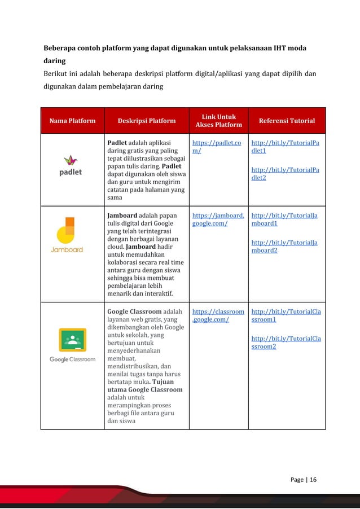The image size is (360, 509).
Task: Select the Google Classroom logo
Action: (72, 344)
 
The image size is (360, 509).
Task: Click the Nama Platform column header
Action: (72, 121)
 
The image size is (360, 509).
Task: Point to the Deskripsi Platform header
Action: (147, 121)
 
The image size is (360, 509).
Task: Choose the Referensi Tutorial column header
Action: (287, 121)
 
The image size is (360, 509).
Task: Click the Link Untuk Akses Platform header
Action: (218, 121)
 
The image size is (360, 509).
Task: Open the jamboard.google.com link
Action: (218, 220)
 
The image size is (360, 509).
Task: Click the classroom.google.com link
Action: (218, 315)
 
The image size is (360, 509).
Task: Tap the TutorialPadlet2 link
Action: (285, 173)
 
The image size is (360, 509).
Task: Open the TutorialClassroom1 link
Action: (286, 315)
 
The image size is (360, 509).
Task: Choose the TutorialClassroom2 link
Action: (286, 342)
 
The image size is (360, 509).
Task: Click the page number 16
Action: (312, 480)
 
